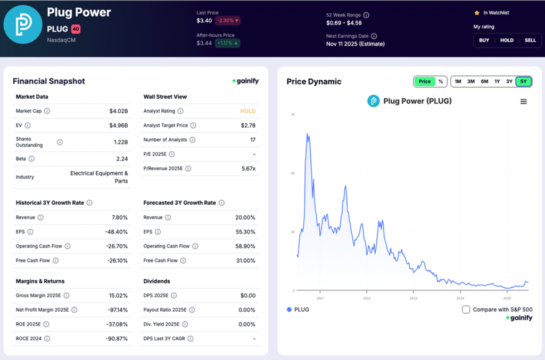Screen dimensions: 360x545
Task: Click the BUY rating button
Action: pos(484,40)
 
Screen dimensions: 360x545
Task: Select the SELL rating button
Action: pos(530,40)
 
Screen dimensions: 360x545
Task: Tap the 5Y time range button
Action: pos(523,81)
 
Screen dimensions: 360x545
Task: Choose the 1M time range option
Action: pos(458,81)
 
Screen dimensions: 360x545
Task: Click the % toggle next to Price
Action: pos(441,81)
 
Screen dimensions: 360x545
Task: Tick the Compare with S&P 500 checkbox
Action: pos(466,309)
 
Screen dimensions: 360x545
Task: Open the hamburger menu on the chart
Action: pos(524,102)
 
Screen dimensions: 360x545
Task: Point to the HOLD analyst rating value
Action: pos(247,111)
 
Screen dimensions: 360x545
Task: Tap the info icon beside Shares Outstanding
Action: pos(60,142)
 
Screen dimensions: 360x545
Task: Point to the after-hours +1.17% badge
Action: pos(228,43)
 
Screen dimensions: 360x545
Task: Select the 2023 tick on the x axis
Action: pos(414,298)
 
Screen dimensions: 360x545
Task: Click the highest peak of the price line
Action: pos(307,133)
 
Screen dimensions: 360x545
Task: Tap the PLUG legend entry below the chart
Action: pos(298,309)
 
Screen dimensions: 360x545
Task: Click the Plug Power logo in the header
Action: pos(22,24)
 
